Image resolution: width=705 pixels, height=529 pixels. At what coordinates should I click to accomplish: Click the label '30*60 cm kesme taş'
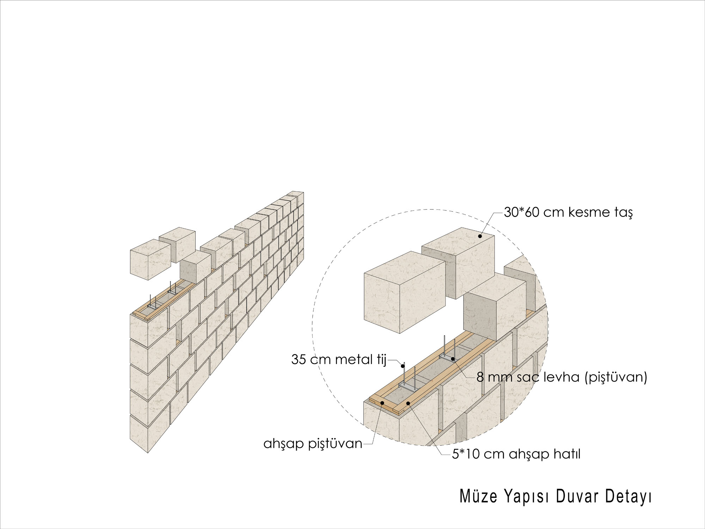coord(568,212)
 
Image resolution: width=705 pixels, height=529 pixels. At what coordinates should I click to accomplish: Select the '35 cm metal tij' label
coord(339,359)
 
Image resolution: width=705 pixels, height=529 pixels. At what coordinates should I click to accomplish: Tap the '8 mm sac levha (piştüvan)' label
coord(562,377)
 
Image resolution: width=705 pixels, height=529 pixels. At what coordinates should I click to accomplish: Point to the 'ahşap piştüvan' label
coord(313,443)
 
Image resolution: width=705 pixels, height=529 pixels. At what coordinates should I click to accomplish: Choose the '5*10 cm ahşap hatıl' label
coord(516,454)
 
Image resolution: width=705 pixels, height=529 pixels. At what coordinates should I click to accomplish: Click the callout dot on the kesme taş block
coord(480,236)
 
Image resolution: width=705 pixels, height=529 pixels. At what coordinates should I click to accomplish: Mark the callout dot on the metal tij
coord(403,366)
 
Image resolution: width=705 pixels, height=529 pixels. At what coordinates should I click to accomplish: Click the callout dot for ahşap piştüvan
coord(382,403)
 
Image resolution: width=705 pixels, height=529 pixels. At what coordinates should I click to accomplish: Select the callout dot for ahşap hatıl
coord(408,403)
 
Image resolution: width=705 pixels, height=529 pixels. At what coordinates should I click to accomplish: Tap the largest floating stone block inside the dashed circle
coord(405,292)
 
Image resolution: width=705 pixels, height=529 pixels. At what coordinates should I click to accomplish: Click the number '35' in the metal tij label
coord(299,359)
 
